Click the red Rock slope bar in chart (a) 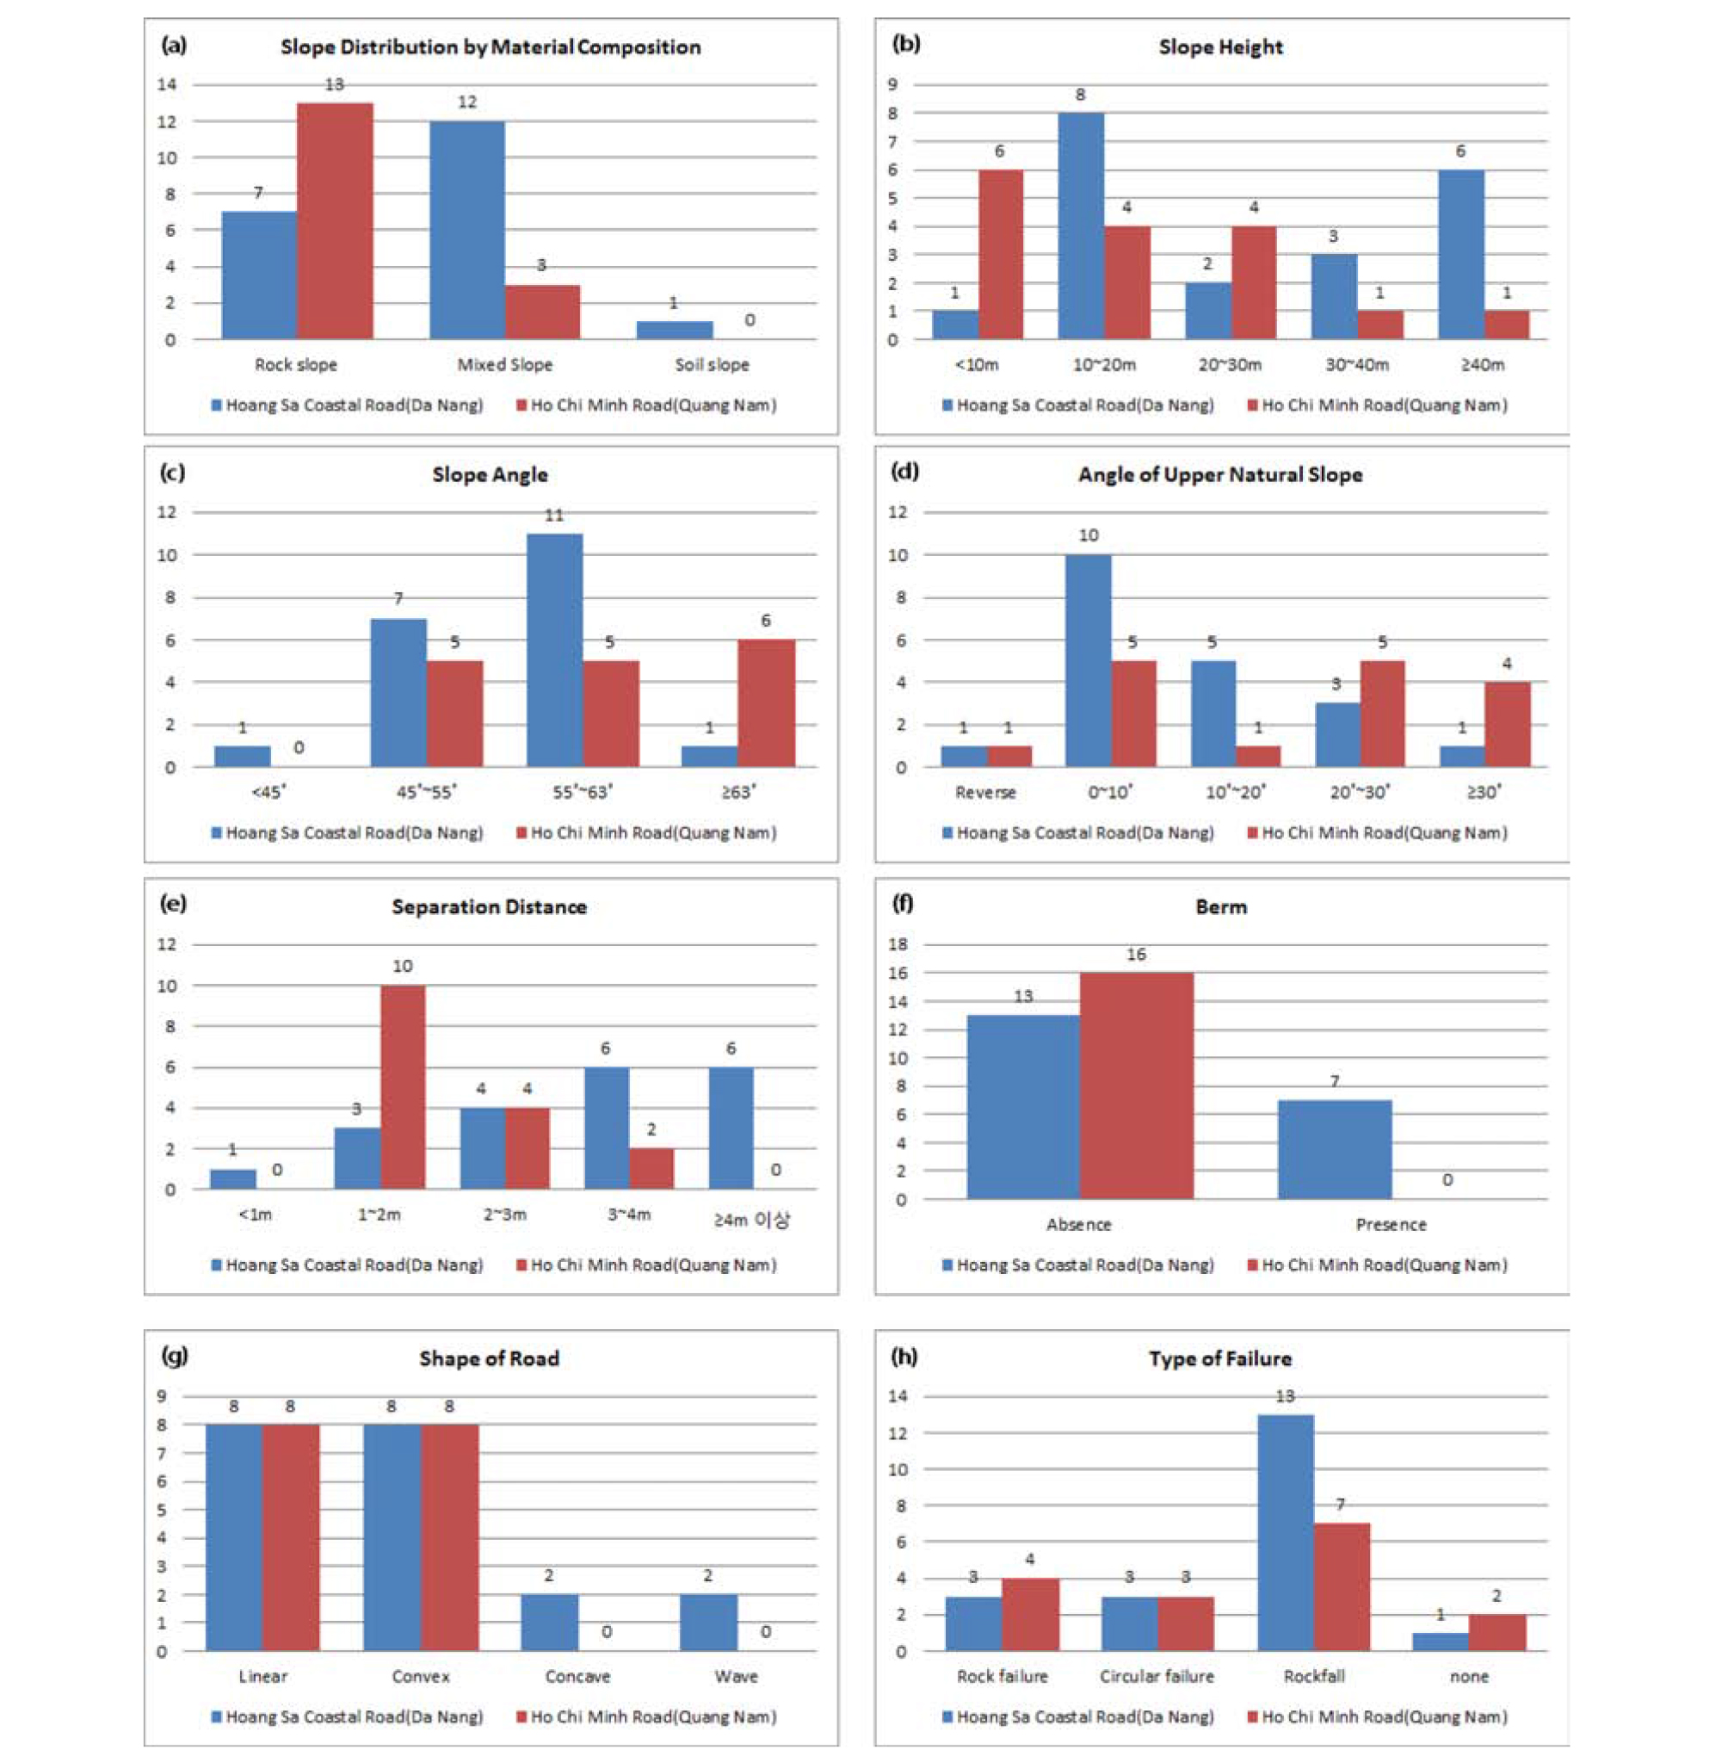click(x=335, y=220)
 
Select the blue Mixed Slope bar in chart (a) click(x=466, y=230)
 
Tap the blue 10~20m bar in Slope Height click(x=1081, y=226)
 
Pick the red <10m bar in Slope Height click(x=1000, y=254)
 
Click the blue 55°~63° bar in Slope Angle click(x=554, y=650)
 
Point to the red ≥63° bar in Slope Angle click(x=766, y=703)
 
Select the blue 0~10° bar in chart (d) click(x=1088, y=661)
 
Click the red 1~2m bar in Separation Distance click(x=403, y=1087)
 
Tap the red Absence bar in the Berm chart click(x=1136, y=1086)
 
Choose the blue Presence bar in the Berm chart click(x=1334, y=1149)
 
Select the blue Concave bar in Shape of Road click(x=549, y=1623)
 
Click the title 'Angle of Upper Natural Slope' click(x=1219, y=475)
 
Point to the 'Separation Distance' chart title click(x=489, y=907)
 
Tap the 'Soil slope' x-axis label click(x=712, y=365)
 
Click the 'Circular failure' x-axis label click(x=1157, y=1676)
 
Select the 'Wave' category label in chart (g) click(x=735, y=1676)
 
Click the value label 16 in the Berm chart click(x=1136, y=955)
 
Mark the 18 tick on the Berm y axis click(x=897, y=944)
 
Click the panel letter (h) click(x=904, y=1357)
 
